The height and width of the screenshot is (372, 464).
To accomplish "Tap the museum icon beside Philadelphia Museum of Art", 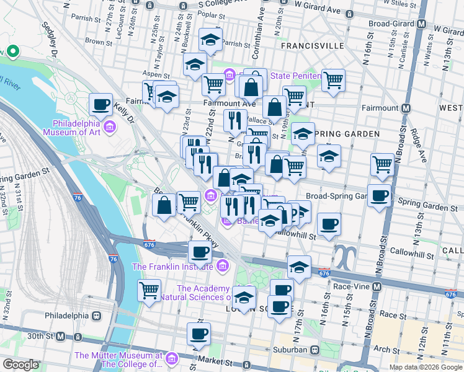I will [x=110, y=128].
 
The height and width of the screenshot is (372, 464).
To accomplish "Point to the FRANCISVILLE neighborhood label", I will [x=312, y=46].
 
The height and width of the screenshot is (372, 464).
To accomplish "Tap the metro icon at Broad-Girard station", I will [x=422, y=24].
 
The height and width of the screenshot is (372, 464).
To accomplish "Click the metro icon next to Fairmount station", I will [x=406, y=108].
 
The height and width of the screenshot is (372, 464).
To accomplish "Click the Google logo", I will [x=20, y=365].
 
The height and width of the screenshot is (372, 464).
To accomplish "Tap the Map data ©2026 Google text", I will [x=426, y=367].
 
